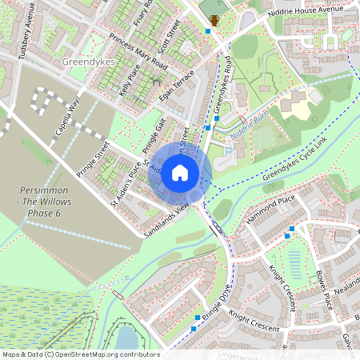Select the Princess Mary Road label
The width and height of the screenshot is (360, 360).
coord(140,53)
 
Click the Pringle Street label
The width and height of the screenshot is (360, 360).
coord(92,158)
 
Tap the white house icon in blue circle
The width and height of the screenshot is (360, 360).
coord(180,173)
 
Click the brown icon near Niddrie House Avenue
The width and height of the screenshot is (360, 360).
coord(214,20)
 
